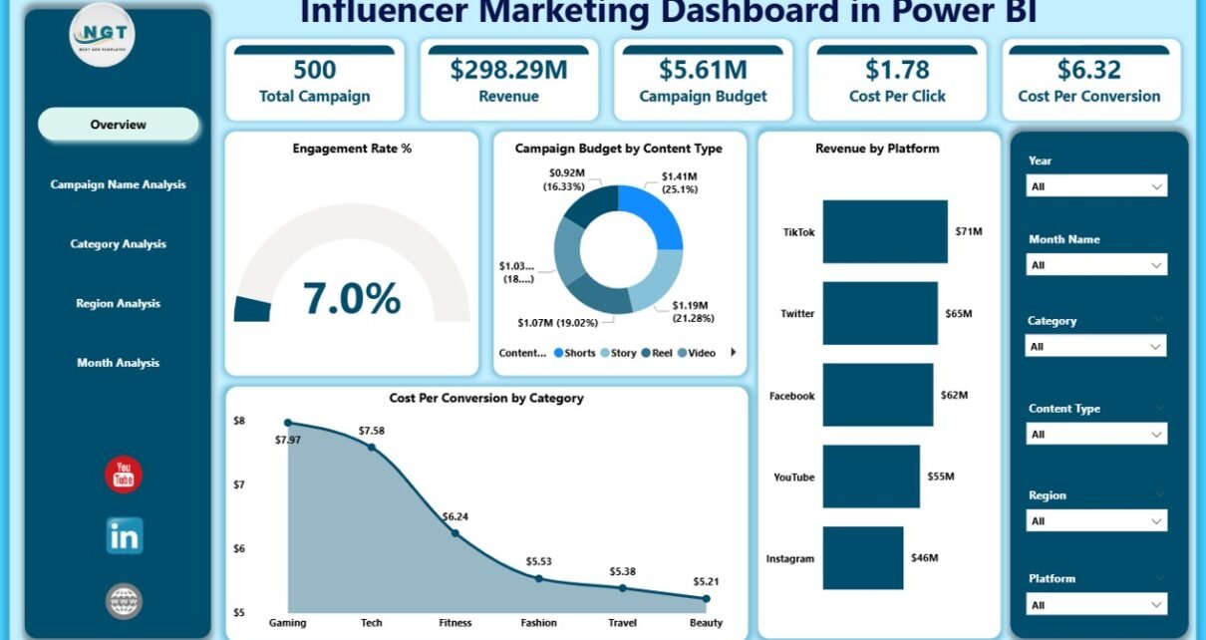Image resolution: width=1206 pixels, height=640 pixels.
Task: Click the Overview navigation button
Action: click(119, 125)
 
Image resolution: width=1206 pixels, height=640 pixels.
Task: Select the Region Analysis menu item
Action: click(118, 303)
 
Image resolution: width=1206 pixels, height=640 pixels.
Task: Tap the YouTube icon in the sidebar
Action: click(124, 476)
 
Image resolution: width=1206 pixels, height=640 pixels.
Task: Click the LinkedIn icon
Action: click(125, 536)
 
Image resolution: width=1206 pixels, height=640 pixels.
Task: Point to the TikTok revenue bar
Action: click(884, 231)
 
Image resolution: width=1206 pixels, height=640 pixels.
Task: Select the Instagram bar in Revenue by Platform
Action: click(863, 558)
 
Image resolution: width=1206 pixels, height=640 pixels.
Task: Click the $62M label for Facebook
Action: click(954, 396)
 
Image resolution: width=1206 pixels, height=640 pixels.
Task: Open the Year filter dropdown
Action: click(1096, 186)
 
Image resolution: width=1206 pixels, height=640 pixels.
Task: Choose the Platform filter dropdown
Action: click(1096, 604)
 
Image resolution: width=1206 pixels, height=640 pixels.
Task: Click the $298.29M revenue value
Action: click(508, 70)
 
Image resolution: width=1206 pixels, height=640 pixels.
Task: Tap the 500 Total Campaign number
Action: click(314, 70)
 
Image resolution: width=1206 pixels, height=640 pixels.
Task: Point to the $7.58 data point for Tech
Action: click(372, 447)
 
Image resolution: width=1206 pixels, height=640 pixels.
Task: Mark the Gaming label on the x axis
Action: click(288, 622)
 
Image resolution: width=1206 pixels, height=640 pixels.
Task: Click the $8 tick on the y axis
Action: click(238, 421)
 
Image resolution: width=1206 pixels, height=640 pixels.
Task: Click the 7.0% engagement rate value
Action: click(352, 298)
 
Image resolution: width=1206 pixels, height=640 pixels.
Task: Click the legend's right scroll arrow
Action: click(734, 352)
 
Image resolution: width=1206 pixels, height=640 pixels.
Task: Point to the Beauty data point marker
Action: click(706, 598)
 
